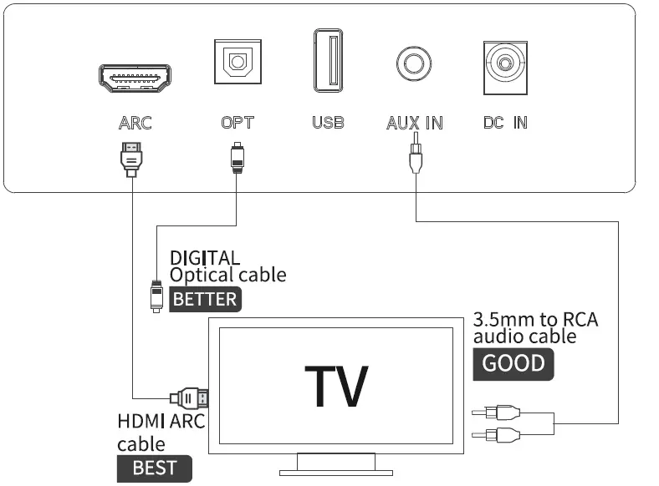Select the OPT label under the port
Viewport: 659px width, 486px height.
pos(238,123)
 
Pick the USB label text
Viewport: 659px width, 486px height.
pos(328,123)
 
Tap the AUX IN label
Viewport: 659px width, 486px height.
pos(414,123)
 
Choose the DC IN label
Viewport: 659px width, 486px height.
pos(505,123)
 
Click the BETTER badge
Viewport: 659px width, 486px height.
pos(205,299)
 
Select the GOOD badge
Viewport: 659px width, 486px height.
pos(513,363)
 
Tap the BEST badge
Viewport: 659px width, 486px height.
pos(154,468)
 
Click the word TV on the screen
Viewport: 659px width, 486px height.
pos(335,385)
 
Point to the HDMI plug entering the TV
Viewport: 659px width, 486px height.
pos(188,397)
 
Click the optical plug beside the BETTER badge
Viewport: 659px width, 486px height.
pos(156,293)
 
